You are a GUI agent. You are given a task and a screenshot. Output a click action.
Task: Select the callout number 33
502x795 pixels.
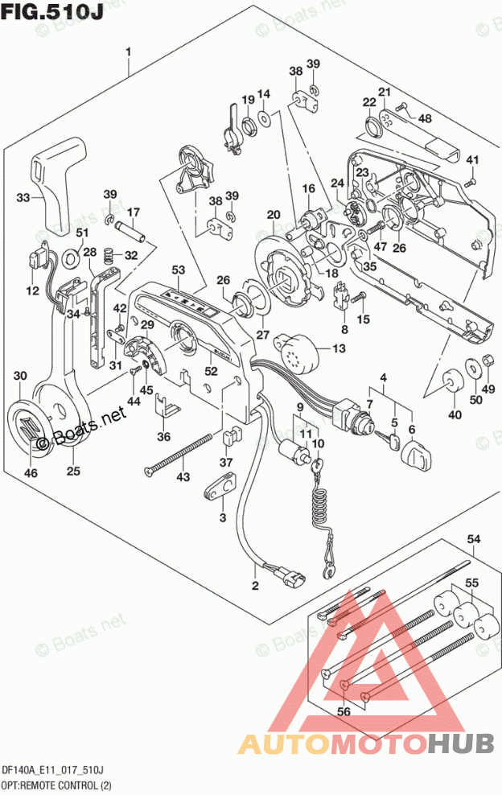[x=23, y=198]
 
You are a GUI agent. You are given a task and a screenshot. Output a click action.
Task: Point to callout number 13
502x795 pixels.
[x=338, y=348]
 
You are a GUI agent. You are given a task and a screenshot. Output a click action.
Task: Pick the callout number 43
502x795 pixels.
[x=184, y=478]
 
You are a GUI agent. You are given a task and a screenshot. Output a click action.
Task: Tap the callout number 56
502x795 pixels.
[x=345, y=711]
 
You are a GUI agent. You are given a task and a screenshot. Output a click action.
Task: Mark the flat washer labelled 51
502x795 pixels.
[x=71, y=257]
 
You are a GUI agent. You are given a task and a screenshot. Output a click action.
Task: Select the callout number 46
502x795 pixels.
[x=31, y=473]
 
